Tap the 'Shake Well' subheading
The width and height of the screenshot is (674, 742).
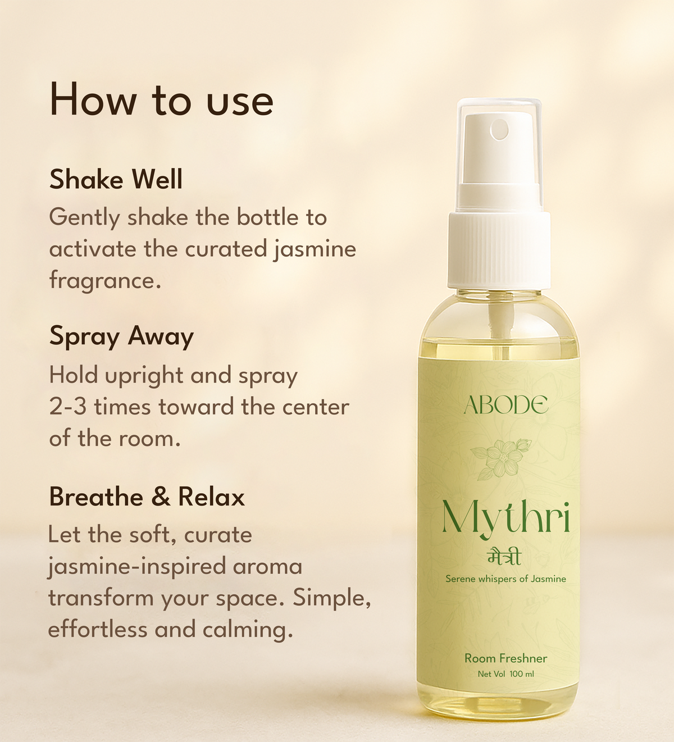point(116,179)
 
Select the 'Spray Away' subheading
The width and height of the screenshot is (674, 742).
point(121,338)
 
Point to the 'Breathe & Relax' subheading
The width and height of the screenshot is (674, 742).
point(147,497)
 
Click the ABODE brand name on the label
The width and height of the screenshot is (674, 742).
point(505,404)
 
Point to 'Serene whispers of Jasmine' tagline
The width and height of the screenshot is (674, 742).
point(505,579)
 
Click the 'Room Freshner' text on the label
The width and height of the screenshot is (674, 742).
point(505,658)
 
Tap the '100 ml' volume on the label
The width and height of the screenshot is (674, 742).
point(522,674)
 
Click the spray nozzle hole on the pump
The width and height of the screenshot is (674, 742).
point(499,129)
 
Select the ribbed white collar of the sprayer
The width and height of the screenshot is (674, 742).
point(499,250)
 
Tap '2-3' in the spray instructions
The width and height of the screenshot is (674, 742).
point(68,407)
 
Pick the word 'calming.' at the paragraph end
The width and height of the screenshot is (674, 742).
point(248,630)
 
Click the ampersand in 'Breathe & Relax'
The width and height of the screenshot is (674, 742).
point(161,497)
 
